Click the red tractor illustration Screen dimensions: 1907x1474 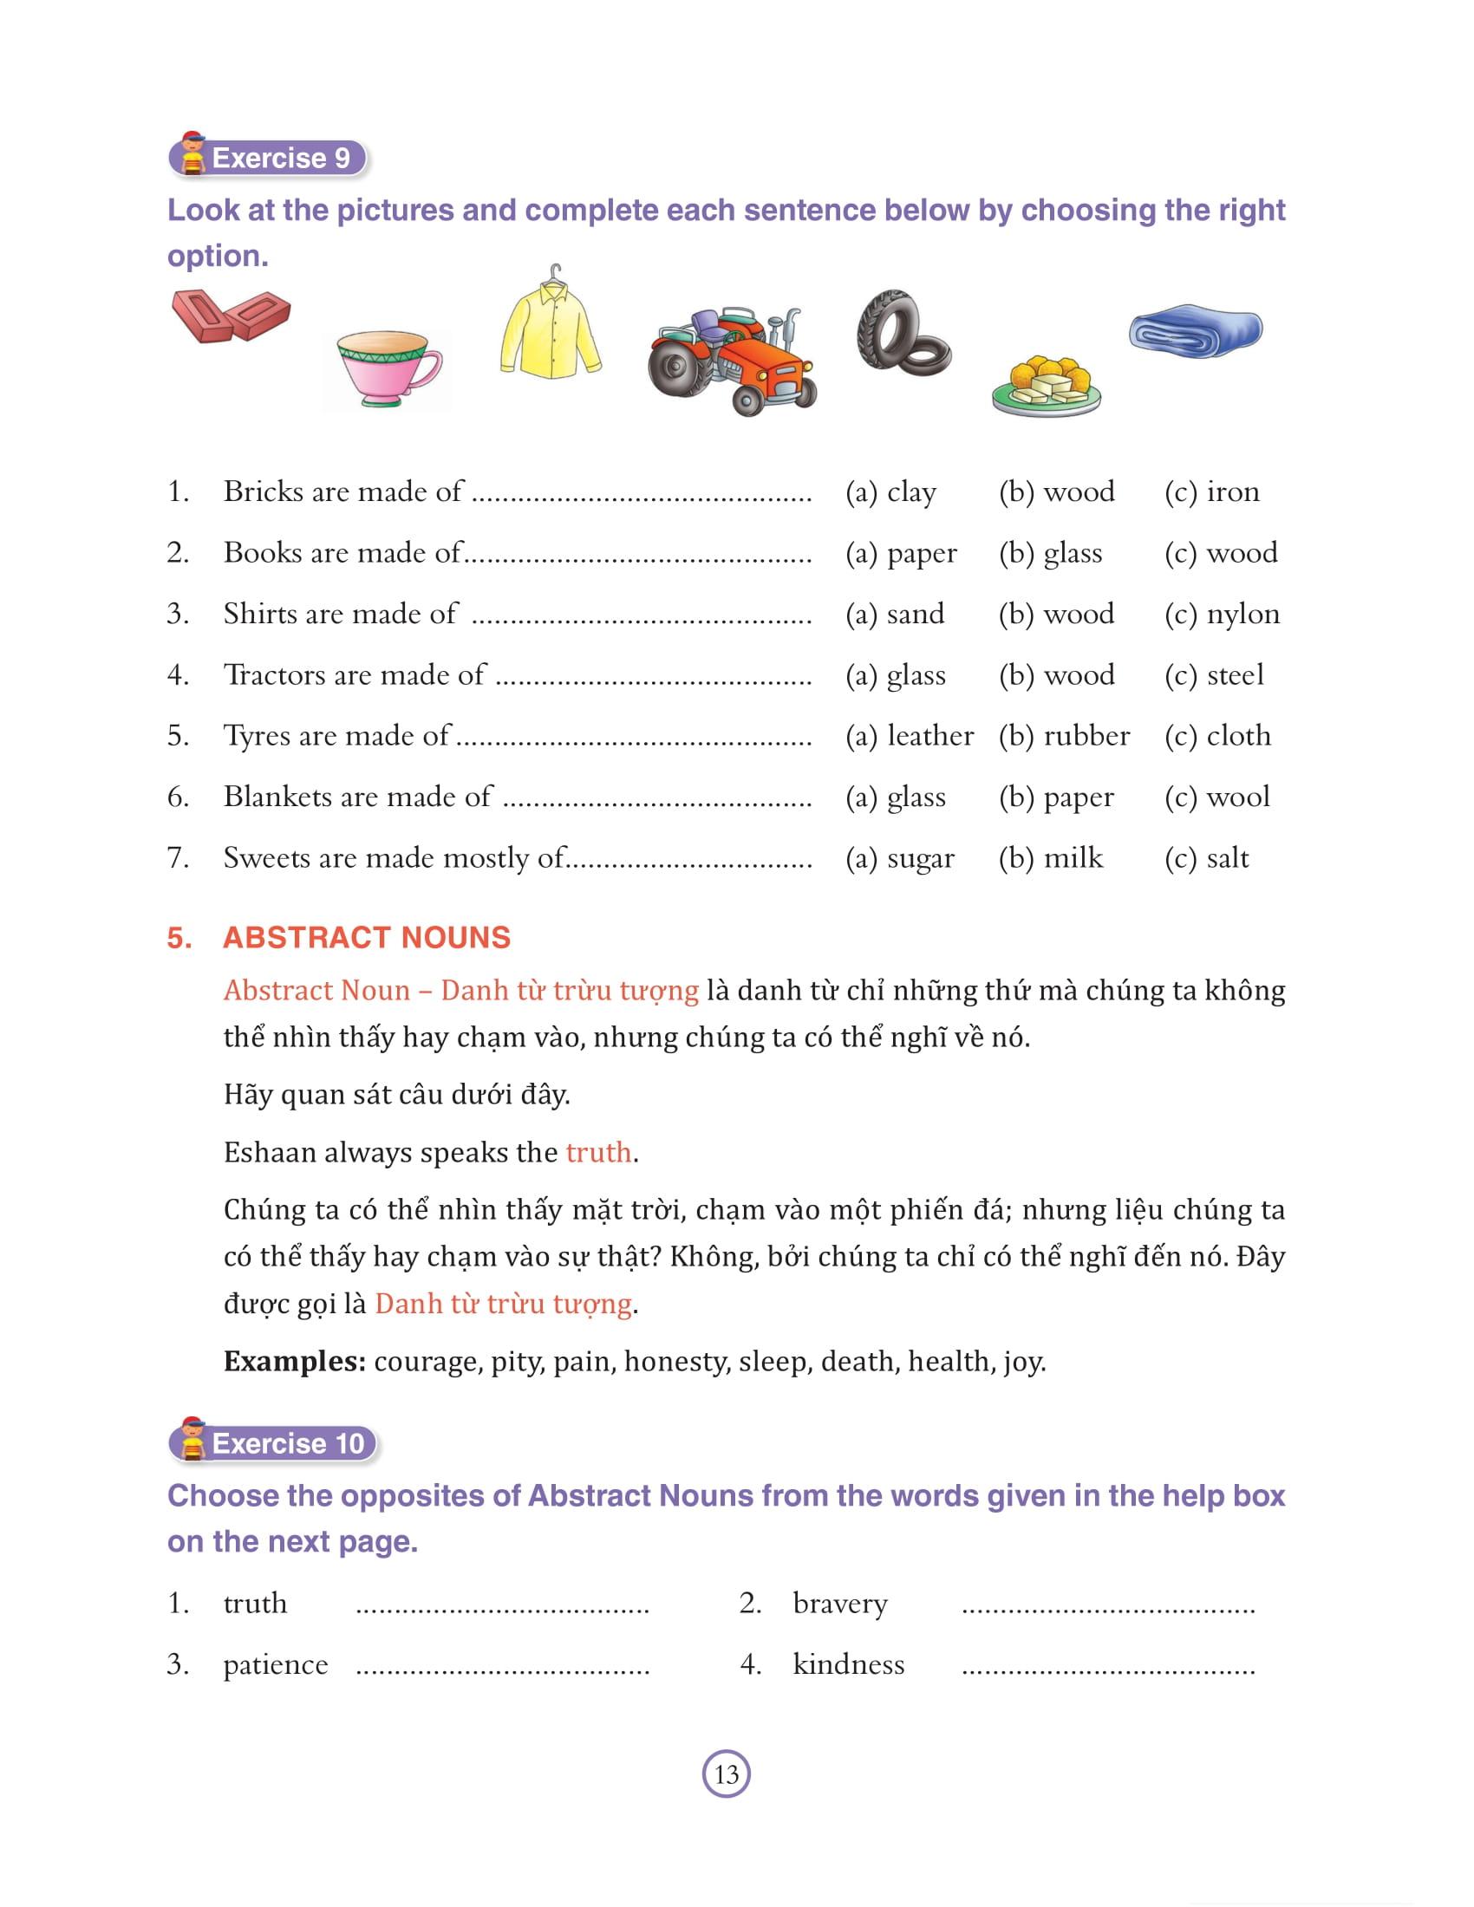tap(732, 360)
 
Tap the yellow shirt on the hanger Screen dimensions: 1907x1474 tap(550, 328)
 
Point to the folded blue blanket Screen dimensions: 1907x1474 tap(1196, 330)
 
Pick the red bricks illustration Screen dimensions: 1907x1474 tap(230, 315)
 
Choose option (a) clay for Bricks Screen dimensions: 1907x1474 tap(890, 491)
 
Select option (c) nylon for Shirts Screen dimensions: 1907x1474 tap(1222, 614)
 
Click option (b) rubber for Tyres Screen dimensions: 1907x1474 tap(1064, 736)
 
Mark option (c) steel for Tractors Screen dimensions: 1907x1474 tap(1214, 675)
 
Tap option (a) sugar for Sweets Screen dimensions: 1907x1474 tap(899, 858)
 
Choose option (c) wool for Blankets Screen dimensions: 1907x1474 tap(1217, 797)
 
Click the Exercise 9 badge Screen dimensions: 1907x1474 tap(269, 158)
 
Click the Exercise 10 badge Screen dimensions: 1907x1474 tap(274, 1443)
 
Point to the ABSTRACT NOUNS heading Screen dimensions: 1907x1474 tap(367, 938)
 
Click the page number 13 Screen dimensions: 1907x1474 tap(727, 1774)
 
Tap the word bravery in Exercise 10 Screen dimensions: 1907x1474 tap(840, 1604)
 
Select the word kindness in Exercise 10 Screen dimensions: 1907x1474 tap(848, 1665)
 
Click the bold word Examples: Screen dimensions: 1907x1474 tap(294, 1361)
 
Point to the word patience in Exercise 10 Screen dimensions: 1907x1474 tap(275, 1665)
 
